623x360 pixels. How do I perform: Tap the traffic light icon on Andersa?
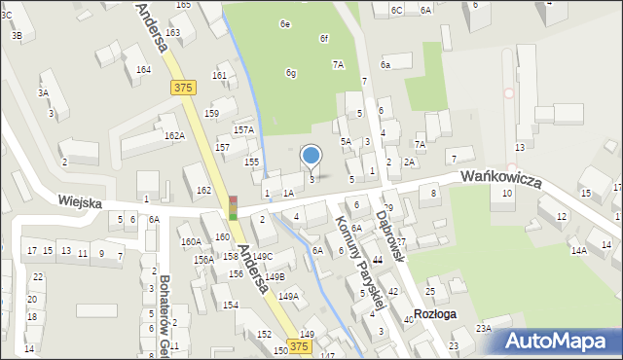coord(233,208)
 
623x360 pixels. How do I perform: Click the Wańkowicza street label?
coord(500,177)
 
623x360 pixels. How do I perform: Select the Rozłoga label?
coord(434,314)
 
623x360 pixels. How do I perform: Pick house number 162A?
coord(174,136)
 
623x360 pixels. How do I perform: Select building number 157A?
coord(243,129)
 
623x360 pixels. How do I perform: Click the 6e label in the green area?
coord(285,23)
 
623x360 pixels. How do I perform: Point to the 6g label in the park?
coord(290,73)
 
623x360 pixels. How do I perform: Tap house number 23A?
coord(483,329)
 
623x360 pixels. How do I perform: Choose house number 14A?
coord(578,251)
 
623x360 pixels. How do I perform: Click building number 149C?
coord(262,256)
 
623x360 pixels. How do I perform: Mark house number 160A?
coord(190,241)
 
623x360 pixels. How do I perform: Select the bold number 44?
coord(378,260)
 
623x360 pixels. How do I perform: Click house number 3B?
coord(17,35)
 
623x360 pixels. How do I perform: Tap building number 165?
coord(183,5)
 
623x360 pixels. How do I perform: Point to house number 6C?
coord(396,10)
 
